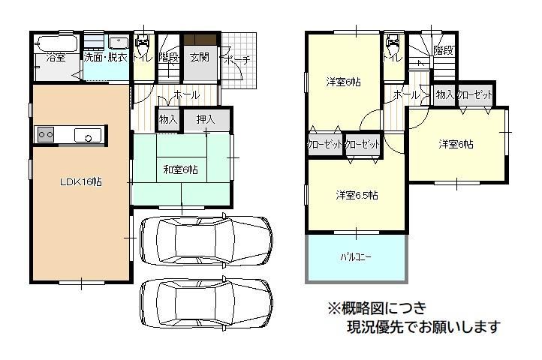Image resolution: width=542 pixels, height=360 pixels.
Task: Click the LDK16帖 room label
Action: point(81,181)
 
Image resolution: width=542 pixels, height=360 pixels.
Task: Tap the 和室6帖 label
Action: point(180,169)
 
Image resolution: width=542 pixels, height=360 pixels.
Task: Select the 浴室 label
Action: point(56,57)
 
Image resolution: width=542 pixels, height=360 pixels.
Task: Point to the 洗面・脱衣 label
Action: point(106,57)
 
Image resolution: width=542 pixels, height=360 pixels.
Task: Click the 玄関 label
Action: point(200,57)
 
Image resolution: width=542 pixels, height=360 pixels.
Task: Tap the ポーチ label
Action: point(236,60)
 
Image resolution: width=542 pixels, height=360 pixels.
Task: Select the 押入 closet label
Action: point(206,119)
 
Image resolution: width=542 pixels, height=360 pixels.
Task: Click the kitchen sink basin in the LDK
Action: point(88,135)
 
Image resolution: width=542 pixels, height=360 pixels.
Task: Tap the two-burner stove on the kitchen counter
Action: point(46,134)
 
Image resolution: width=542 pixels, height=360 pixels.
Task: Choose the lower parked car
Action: point(206,302)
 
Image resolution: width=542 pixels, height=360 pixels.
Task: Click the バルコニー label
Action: point(356,257)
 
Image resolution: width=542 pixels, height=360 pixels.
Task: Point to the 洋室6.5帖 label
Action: point(357,195)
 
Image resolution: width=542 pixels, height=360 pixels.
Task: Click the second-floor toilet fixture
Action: point(393,43)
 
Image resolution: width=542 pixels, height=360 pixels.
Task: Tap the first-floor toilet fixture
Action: point(143,43)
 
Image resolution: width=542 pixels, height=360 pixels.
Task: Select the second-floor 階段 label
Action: point(444,50)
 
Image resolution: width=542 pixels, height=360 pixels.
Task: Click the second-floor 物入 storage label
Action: point(445,94)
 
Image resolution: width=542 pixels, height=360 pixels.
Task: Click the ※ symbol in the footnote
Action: point(334,307)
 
